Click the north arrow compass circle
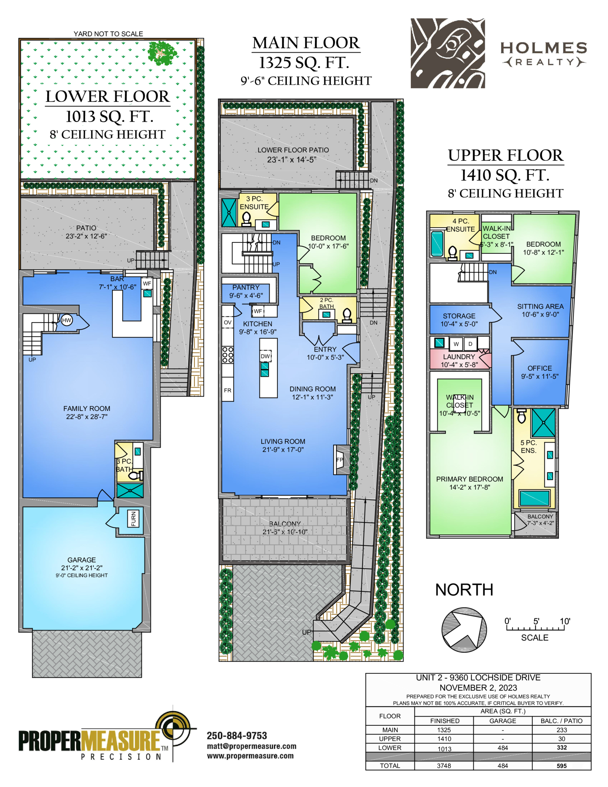coord(464,630)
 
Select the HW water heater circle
coord(66,320)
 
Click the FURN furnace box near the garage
coord(133,519)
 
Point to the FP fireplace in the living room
coord(339,460)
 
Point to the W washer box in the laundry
coord(456,344)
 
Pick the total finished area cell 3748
coord(444,766)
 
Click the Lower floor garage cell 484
coord(503,748)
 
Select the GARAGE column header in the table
coord(503,721)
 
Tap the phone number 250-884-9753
coord(237,736)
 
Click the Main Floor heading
coord(306,43)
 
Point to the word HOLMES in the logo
coord(544,48)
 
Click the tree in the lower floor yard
coord(162,53)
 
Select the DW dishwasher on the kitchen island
coord(266,356)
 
